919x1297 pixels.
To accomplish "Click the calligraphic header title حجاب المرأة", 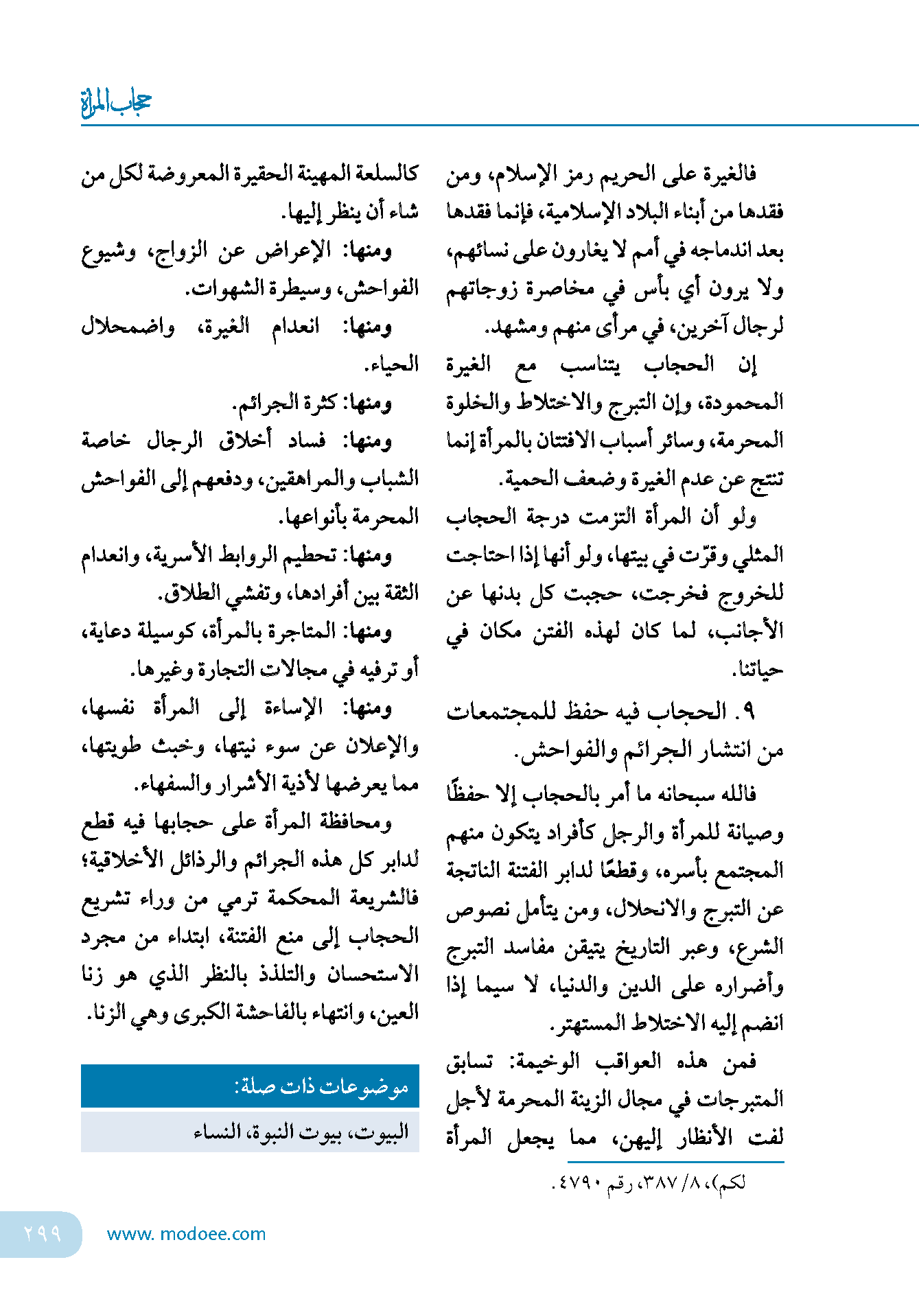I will pyautogui.click(x=115, y=102).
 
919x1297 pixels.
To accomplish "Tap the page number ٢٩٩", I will pyautogui.click(x=43, y=1233).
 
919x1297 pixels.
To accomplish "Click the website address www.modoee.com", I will pyautogui.click(x=186, y=1234).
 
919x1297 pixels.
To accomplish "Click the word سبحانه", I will pyautogui.click(x=688, y=794).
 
